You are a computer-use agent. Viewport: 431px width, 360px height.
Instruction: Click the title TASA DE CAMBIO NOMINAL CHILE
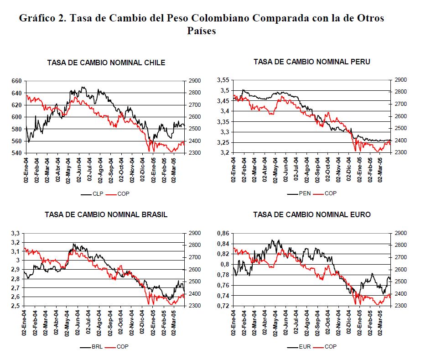tap(106, 63)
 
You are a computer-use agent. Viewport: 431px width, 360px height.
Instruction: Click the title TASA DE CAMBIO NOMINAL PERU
tap(312, 62)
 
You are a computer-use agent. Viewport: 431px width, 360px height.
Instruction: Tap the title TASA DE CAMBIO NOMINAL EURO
tap(312, 214)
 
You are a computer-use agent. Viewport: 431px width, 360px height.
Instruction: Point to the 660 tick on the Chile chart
tap(16, 81)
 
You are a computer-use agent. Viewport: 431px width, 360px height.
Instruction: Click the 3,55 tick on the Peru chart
tap(223, 80)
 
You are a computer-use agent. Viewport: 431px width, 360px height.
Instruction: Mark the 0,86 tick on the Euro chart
tap(223, 233)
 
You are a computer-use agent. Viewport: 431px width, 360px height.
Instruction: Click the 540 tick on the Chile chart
tap(16, 153)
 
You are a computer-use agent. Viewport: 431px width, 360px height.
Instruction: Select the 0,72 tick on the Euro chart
tap(223, 305)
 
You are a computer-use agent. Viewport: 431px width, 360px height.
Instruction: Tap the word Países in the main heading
tap(202, 31)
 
